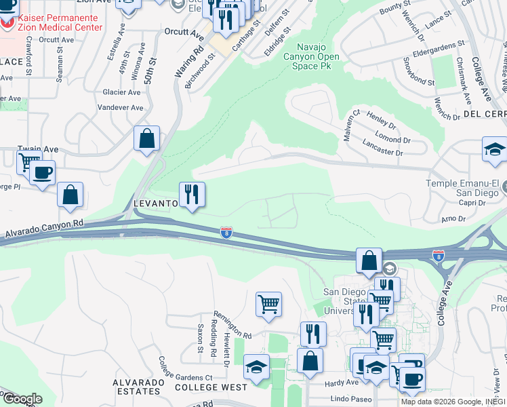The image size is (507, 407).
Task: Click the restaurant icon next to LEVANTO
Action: [192, 195]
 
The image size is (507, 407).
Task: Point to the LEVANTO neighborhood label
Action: [155, 203]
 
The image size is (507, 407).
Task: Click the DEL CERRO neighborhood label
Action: [485, 114]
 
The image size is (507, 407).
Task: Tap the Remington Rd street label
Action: [232, 325]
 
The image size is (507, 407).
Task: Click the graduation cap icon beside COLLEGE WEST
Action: [256, 368]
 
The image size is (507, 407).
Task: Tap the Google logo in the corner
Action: [22, 399]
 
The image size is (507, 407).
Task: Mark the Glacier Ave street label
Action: [121, 92]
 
